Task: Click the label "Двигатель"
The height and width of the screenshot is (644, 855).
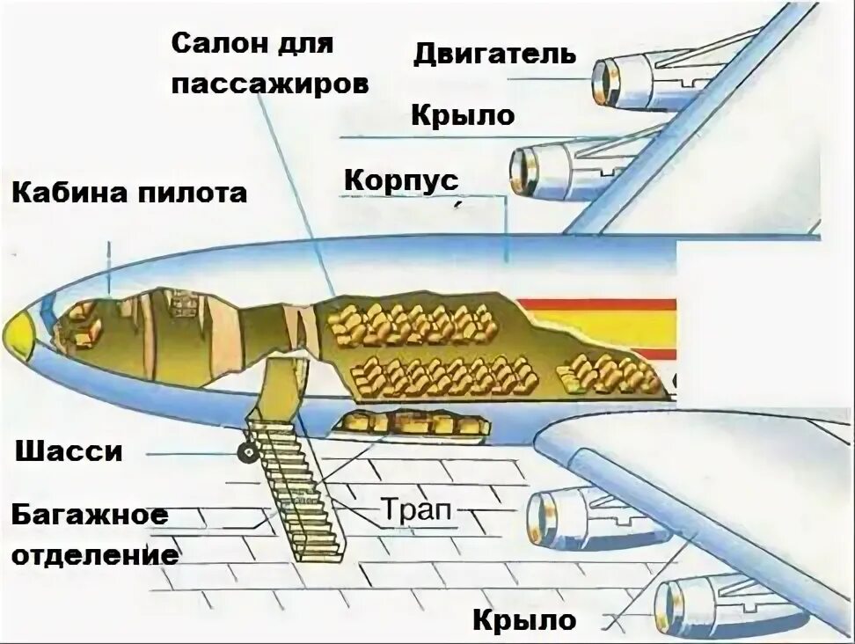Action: (x=494, y=55)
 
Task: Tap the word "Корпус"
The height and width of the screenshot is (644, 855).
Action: (x=401, y=181)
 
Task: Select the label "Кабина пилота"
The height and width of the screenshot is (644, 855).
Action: (x=129, y=193)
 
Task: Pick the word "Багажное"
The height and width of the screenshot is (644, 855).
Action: (x=90, y=515)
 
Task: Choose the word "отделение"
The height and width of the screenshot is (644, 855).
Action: (x=96, y=555)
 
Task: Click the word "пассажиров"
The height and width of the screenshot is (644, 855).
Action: (x=269, y=84)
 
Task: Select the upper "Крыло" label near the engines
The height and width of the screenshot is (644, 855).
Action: (x=463, y=115)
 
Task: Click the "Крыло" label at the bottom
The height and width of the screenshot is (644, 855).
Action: (x=524, y=620)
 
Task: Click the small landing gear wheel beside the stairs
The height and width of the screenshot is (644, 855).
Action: (x=246, y=453)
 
